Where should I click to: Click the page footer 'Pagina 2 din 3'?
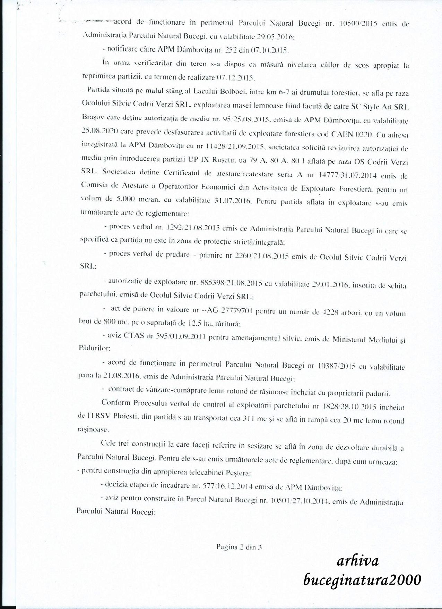pos(239,548)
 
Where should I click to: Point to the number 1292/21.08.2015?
pos(193,228)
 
